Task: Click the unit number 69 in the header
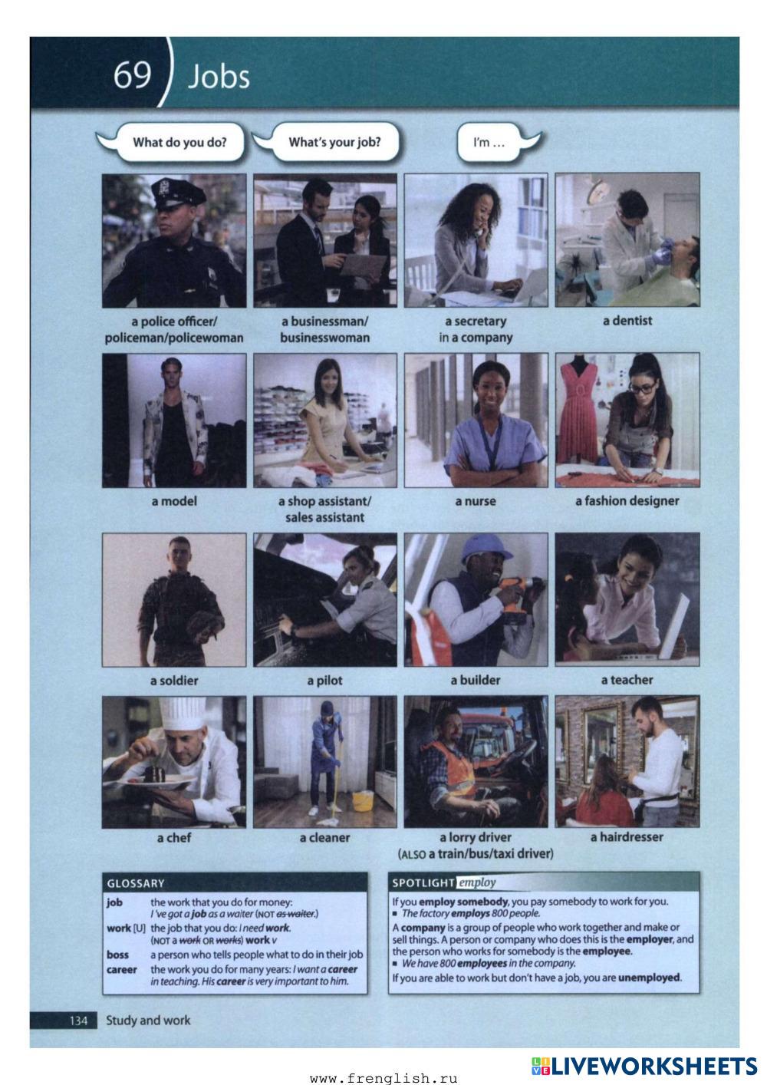pyautogui.click(x=132, y=75)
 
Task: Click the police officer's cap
pyautogui.click(x=177, y=193)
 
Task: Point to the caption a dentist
pyautogui.click(x=627, y=321)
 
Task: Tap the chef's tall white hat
pyautogui.click(x=183, y=713)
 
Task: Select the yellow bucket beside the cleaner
pyautogui.click(x=363, y=800)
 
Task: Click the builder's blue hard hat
pyautogui.click(x=486, y=549)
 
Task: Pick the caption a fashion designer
pyautogui.click(x=627, y=501)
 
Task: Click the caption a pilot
pyautogui.click(x=324, y=681)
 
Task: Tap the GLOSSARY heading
pyautogui.click(x=136, y=883)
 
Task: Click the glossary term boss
pyautogui.click(x=117, y=955)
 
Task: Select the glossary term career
pyautogui.click(x=121, y=970)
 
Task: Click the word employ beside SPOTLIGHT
pyautogui.click(x=477, y=882)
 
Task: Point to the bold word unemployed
pyautogui.click(x=650, y=978)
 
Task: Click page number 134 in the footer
pyautogui.click(x=78, y=1021)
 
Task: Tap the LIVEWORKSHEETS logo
pyautogui.click(x=644, y=1066)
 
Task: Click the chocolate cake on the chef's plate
pyautogui.click(x=155, y=773)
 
